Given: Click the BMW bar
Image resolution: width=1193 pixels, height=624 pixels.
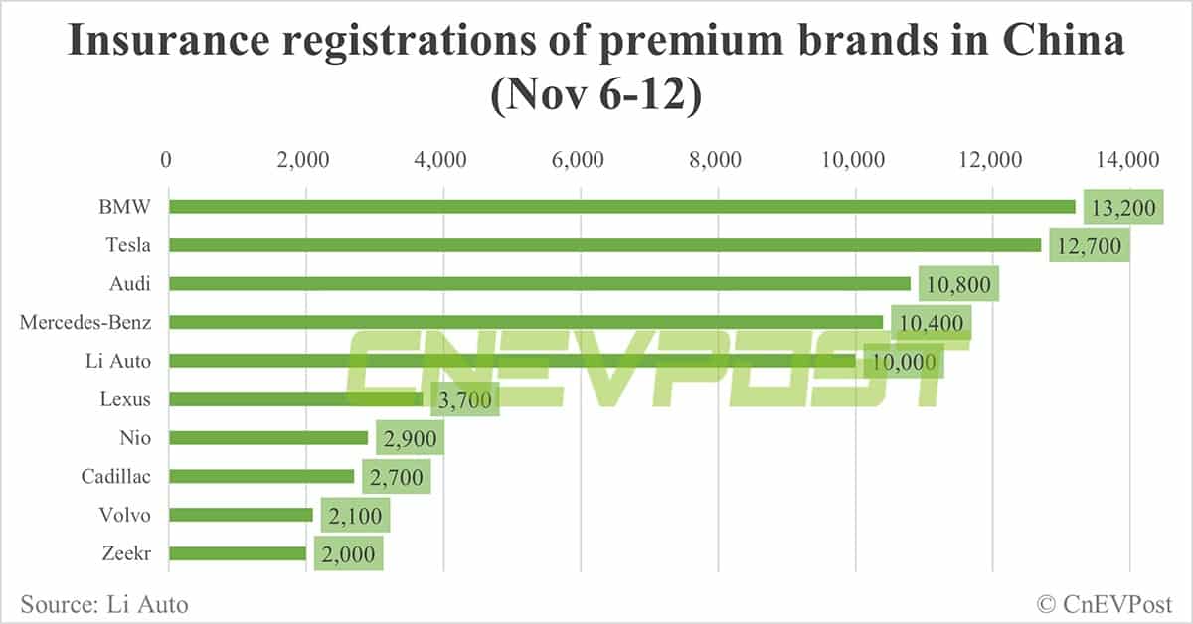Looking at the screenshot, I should point(621,207).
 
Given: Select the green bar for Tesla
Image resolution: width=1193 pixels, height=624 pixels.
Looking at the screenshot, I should point(604,245).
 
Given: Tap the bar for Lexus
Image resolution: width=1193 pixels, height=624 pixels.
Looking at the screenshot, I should point(295,399).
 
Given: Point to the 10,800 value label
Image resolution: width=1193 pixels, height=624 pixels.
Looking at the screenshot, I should point(958,284).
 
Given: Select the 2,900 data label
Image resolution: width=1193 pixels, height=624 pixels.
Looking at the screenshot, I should point(403,438).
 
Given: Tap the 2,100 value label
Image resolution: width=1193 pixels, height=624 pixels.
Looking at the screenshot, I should point(349,516).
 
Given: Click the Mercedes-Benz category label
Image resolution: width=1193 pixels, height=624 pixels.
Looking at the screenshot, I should point(85,322).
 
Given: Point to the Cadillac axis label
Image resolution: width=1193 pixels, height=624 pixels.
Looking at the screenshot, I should point(116,477).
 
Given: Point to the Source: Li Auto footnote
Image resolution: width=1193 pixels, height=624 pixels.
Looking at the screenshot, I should point(103,603).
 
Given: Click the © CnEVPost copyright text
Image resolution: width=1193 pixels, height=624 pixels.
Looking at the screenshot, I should point(1105,603).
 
